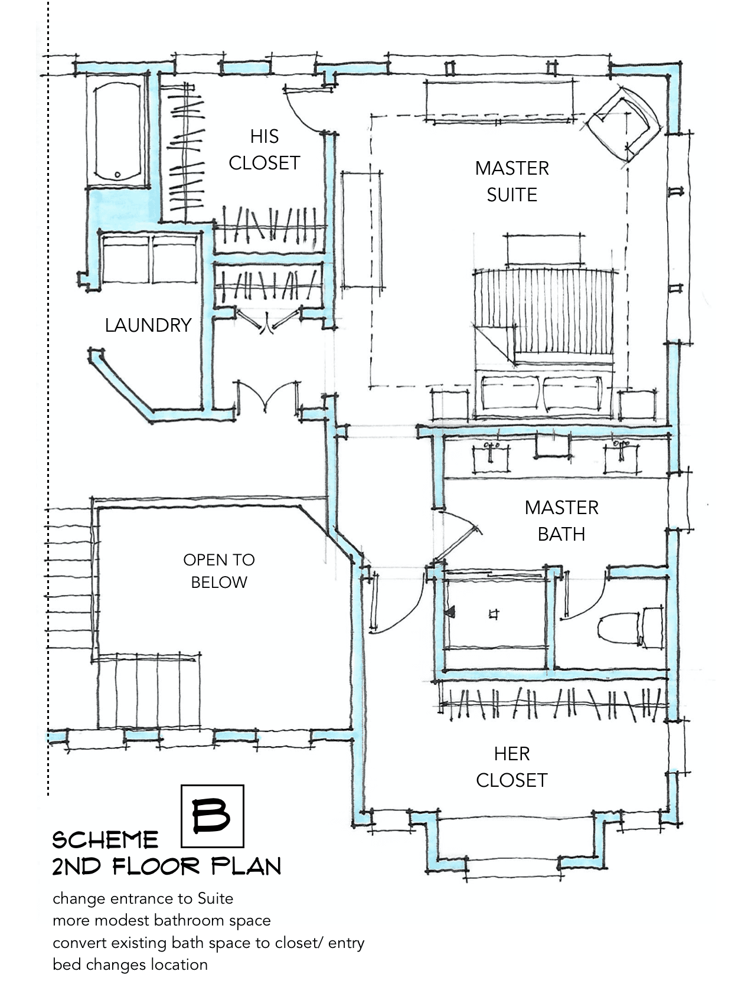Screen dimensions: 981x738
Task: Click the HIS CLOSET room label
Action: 264,150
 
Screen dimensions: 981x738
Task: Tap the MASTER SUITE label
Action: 512,181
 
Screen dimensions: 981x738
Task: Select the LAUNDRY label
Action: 148,325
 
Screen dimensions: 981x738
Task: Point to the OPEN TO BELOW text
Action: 219,571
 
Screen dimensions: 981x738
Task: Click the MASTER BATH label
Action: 561,521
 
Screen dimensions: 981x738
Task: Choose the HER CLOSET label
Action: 512,767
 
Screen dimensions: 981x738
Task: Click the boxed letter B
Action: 212,816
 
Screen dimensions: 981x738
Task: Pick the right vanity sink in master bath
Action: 621,457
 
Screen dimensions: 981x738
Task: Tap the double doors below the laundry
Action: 268,397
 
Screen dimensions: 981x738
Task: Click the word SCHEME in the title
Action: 106,839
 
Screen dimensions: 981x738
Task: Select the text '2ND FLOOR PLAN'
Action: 166,866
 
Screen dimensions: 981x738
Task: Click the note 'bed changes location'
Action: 130,964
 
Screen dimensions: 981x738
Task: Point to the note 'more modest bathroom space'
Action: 161,920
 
